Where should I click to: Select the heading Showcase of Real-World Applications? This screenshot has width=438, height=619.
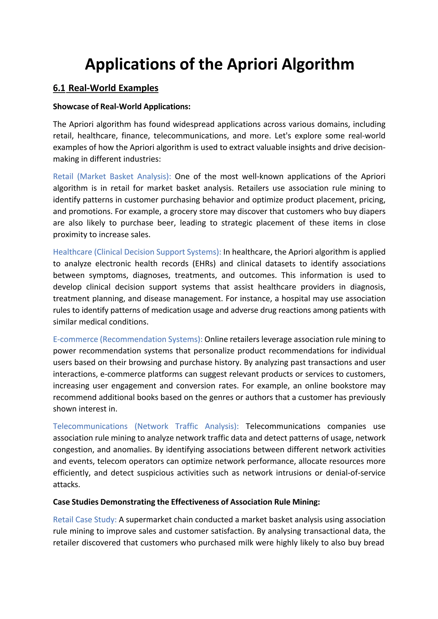(121, 107)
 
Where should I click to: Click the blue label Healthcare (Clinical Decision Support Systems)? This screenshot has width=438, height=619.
(137, 252)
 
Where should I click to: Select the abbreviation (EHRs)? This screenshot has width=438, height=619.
(204, 263)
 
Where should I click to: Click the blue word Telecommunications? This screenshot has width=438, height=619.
(90, 426)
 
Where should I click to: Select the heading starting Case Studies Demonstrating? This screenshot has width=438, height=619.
(186, 502)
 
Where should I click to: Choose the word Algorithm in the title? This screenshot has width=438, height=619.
(318, 65)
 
